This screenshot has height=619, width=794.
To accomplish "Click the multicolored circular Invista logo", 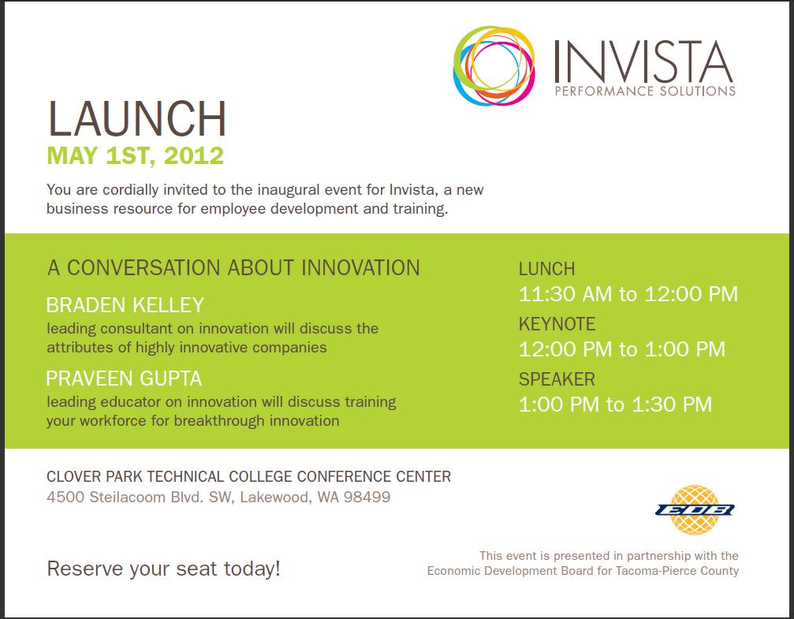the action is coord(494,66).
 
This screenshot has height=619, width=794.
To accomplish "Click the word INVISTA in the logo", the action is coord(643,62).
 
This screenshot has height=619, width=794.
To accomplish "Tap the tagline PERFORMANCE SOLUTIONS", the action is coord(645,91).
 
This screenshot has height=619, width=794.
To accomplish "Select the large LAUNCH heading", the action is coord(136,119).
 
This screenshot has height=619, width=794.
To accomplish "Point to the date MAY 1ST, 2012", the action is coord(135,155).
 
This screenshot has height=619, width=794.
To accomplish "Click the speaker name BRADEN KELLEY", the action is coord(125,305).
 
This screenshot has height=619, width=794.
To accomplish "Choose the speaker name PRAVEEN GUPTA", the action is coord(124,378).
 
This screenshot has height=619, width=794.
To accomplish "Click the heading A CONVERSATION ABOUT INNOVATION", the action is coord(233,267).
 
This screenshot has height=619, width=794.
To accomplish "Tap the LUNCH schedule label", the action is coord(547,268).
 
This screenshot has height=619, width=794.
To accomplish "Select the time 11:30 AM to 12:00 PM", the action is coord(628,294).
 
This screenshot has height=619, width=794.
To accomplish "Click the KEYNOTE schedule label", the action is coord(557,323).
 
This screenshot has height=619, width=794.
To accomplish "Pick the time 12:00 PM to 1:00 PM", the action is coord(622,349).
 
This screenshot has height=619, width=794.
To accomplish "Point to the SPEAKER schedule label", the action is coord(557,379).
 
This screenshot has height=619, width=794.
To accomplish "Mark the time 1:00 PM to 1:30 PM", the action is coord(615,405).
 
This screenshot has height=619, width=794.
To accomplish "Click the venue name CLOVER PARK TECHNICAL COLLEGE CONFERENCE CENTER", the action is coord(248,476).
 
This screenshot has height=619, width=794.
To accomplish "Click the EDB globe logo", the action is coord(695,509).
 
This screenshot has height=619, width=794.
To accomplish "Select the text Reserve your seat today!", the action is coord(163,569).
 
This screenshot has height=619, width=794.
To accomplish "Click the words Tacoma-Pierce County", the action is coord(677,571).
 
